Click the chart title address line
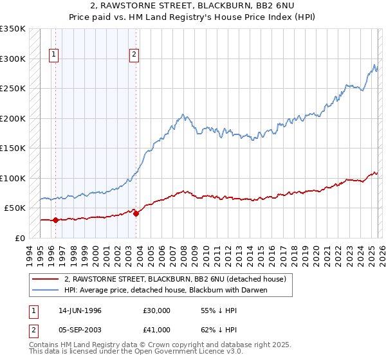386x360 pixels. coord(192,6)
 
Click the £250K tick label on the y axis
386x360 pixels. coord(13,89)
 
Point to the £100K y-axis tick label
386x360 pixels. coord(13,178)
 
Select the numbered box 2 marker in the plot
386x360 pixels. coord(134,55)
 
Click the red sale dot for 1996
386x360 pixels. coord(55,220)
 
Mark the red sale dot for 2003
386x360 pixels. coord(136,213)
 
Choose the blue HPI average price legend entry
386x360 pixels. coord(165,290)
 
